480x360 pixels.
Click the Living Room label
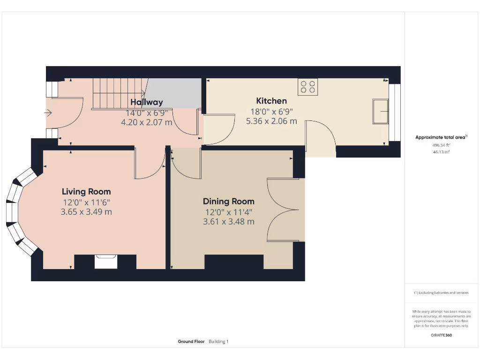pos(86,192)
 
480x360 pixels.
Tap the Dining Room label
pos(228,202)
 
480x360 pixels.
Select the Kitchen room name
pos(271,101)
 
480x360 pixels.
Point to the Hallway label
pos(147,102)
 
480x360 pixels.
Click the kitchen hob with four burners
pos(307,87)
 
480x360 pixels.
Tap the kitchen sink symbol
pos(380,111)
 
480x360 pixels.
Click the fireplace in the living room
pos(105,261)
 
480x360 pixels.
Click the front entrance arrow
pos(49,113)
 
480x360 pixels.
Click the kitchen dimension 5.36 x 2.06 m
pos(271,121)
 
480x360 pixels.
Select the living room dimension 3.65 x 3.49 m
pos(86,212)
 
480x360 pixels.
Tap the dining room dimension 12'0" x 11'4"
pos(228,212)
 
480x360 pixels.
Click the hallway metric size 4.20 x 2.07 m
pos(147,122)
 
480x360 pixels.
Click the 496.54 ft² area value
pos(441,145)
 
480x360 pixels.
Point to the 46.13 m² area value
pos(441,152)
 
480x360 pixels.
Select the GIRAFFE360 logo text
pos(441,335)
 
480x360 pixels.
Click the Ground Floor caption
pos(191,342)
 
